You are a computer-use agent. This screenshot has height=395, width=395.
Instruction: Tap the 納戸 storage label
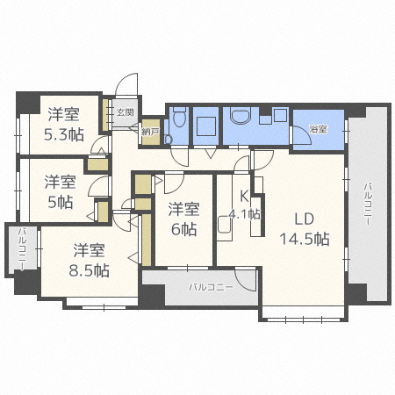pyautogui.click(x=150, y=131)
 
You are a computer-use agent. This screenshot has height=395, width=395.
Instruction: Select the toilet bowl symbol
pyautogui.click(x=178, y=118)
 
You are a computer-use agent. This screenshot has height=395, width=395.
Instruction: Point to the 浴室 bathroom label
pyautogui.click(x=318, y=129)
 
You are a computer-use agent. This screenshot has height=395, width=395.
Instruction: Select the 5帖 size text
pyautogui.click(x=61, y=202)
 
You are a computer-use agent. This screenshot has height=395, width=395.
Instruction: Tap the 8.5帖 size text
pyautogui.click(x=90, y=269)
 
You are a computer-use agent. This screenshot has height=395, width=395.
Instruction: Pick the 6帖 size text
pyautogui.click(x=183, y=228)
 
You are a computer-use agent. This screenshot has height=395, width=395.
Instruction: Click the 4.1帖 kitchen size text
pyautogui.click(x=244, y=213)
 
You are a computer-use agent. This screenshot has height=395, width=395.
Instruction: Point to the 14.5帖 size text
pyautogui.click(x=304, y=238)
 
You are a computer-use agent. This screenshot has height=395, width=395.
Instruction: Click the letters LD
pyautogui.click(x=304, y=218)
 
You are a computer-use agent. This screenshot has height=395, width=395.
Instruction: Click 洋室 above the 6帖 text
pyautogui.click(x=183, y=208)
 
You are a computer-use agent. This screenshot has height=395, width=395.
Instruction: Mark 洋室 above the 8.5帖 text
pyautogui.click(x=89, y=249)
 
